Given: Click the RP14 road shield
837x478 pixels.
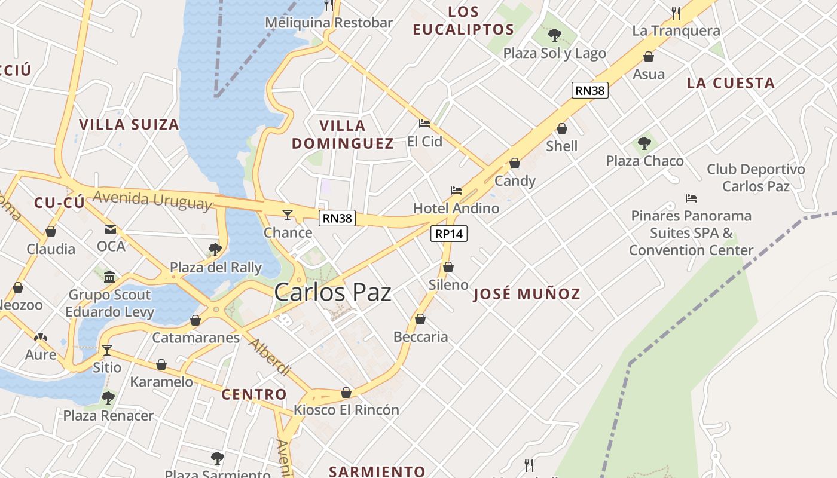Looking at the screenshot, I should tap(448, 234).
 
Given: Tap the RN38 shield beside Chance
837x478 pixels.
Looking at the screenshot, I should tap(337, 218).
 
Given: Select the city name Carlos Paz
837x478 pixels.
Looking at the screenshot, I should tap(332, 293).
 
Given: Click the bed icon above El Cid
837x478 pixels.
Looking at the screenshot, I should tap(424, 124).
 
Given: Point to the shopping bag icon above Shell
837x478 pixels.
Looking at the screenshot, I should tap(561, 128).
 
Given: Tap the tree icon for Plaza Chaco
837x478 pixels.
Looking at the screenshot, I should tap(644, 143).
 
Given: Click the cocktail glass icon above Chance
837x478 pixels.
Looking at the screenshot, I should tap(288, 215).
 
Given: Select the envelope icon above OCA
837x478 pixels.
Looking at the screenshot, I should tap(111, 229).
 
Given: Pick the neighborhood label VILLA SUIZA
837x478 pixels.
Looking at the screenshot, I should tap(129, 125).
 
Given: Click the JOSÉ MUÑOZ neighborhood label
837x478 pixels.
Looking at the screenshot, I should tap(527, 294).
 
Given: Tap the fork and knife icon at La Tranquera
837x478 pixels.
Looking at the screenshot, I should tap(676, 13).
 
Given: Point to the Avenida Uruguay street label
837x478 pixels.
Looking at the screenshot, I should tap(152, 200).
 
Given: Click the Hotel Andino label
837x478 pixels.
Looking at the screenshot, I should tap(456, 208).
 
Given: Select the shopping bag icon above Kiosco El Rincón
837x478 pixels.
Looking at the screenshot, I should tap(346, 393).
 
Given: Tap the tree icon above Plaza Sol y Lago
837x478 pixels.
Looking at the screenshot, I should tap(554, 35).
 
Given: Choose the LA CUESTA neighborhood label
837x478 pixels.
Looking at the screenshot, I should tap(731, 83).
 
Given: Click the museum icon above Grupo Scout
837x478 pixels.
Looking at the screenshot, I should tap(109, 277).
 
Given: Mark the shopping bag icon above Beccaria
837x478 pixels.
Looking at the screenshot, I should tap(420, 319).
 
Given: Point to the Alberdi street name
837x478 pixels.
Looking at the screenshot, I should tap(270, 358).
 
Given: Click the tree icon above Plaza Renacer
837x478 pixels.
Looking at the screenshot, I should tap(108, 397).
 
